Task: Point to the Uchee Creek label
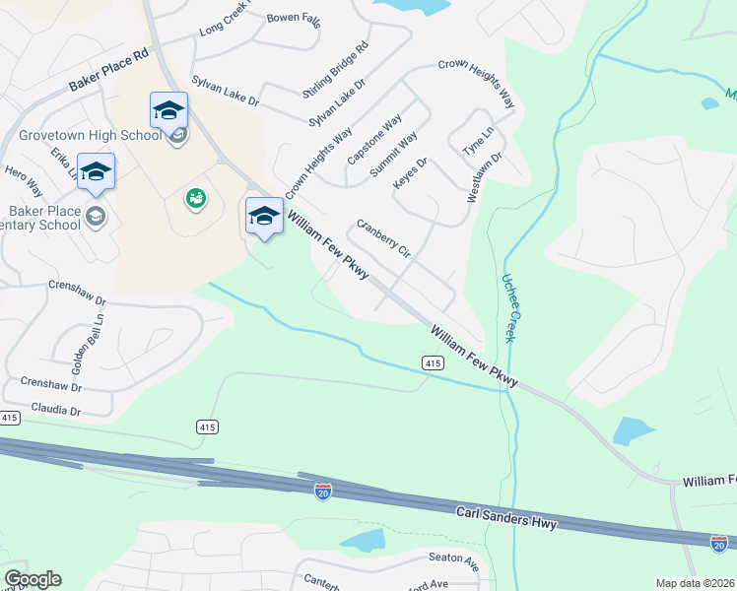[515, 308]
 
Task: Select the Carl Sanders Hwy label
[506, 517]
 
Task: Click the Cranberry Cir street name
[383, 238]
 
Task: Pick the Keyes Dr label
[410, 174]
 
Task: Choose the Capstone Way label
[374, 140]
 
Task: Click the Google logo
[33, 578]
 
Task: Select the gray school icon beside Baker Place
[96, 217]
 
